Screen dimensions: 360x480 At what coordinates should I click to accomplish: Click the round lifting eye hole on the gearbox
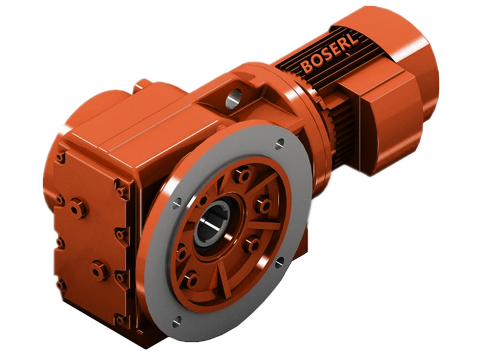coord(233,95)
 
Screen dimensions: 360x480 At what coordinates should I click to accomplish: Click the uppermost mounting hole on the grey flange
coord(280,143)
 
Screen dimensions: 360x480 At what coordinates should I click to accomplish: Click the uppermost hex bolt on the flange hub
coord(243,176)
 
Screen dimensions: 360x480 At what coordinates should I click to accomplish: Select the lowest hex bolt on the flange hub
coord(191,278)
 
